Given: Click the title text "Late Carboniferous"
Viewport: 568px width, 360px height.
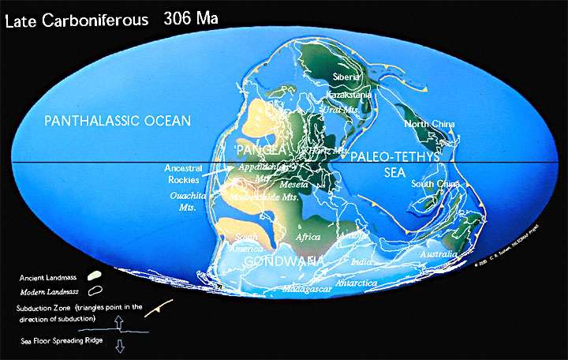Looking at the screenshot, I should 76,20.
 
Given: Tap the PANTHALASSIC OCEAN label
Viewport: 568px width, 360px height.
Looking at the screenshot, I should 118,121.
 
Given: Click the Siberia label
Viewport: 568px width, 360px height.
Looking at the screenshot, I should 346,77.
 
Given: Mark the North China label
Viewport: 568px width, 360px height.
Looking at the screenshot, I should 430,125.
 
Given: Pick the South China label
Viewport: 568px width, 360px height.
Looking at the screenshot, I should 435,184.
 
